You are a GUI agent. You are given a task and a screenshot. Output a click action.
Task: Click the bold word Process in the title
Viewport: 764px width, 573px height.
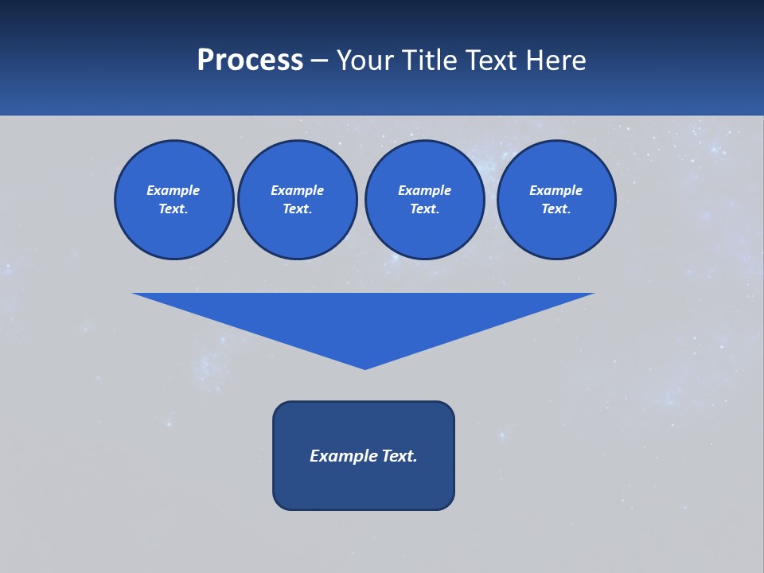pyautogui.click(x=250, y=60)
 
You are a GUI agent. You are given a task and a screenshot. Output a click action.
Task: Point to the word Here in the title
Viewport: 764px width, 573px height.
pyautogui.click(x=557, y=60)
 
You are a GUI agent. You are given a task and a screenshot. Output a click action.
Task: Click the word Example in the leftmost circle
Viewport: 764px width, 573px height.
pyautogui.click(x=173, y=190)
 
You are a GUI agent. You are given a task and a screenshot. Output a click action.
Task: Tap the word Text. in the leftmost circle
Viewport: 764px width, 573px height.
pyautogui.click(x=173, y=209)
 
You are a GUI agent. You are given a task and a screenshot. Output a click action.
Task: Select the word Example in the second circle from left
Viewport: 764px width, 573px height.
pyautogui.click(x=297, y=190)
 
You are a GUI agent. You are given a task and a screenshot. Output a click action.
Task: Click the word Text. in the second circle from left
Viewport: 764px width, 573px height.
pyautogui.click(x=297, y=209)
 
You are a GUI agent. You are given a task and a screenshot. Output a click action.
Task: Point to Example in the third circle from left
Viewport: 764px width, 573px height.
pyautogui.click(x=424, y=190)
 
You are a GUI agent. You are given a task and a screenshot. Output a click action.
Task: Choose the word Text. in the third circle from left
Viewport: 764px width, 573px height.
pyautogui.click(x=424, y=209)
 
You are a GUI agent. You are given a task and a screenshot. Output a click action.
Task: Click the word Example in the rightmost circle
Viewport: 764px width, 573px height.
pyautogui.click(x=555, y=190)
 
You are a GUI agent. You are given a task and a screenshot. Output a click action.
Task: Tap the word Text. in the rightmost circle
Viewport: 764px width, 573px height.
pyautogui.click(x=555, y=209)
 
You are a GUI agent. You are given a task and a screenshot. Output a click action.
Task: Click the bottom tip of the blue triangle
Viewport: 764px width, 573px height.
pyautogui.click(x=364, y=368)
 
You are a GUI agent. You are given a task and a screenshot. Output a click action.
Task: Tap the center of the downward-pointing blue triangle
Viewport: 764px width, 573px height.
pyautogui.click(x=364, y=318)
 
